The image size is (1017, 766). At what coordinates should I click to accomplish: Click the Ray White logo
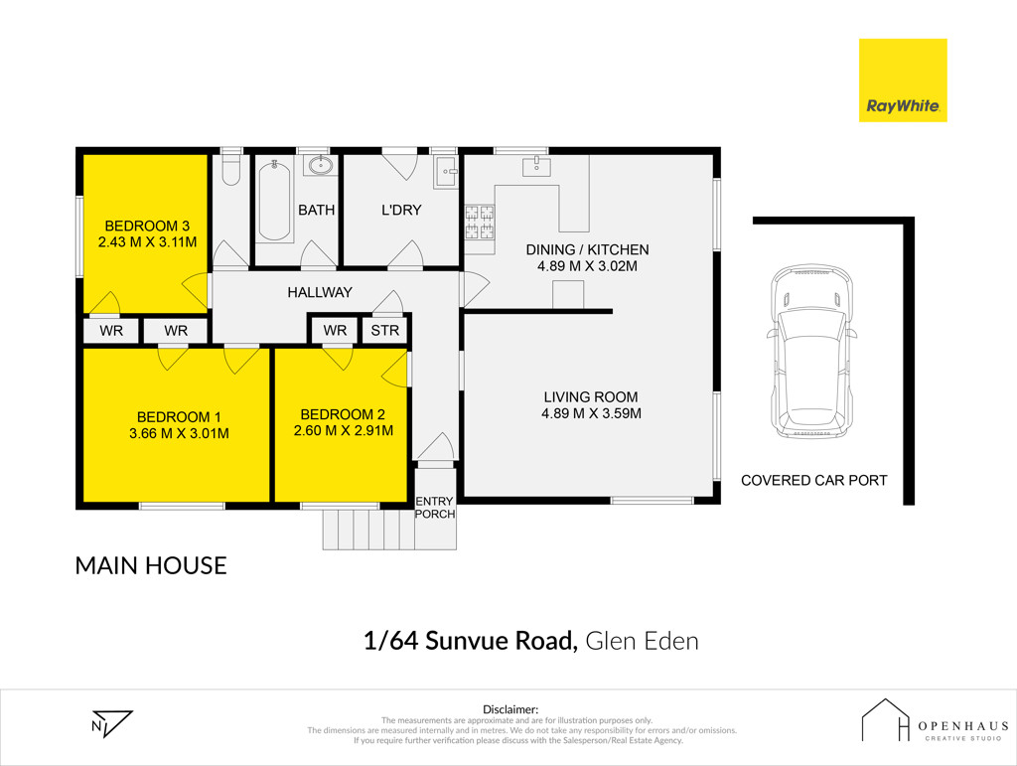click(903, 80)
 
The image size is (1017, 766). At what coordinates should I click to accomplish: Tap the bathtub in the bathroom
click(274, 200)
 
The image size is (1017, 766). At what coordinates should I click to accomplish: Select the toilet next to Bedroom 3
click(230, 169)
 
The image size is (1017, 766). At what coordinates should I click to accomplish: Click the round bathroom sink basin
click(321, 165)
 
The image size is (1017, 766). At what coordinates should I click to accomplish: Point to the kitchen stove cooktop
click(480, 222)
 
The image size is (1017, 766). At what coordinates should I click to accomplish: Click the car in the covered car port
click(810, 351)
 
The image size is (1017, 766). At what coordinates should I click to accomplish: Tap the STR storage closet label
click(384, 331)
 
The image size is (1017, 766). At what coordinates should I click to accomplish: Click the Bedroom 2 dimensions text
click(343, 430)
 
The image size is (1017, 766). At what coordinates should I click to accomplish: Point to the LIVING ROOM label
click(591, 397)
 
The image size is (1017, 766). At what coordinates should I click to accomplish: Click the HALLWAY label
click(320, 292)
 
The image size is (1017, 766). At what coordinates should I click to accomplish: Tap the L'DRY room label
click(401, 211)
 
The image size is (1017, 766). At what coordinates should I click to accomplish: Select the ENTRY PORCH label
click(435, 508)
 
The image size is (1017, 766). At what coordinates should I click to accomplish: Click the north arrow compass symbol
click(111, 724)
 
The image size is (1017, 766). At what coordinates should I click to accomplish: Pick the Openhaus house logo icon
click(885, 719)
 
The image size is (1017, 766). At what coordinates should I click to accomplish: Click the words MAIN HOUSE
click(151, 565)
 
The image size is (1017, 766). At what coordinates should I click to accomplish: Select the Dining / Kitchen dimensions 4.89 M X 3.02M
click(587, 266)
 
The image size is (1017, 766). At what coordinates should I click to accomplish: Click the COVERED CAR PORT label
click(814, 481)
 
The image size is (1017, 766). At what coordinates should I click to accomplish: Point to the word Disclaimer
click(510, 709)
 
